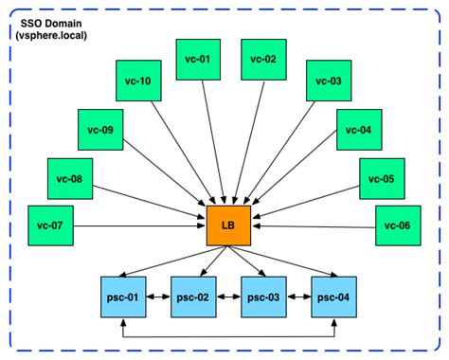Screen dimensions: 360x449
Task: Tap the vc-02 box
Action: [263, 60]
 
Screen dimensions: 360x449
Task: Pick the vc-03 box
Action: [327, 81]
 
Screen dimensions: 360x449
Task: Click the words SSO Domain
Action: [50, 20]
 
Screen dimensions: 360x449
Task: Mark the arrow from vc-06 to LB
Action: [313, 226]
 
